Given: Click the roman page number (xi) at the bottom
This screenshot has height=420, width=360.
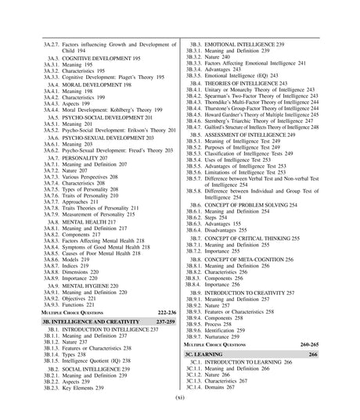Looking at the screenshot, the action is click(x=180, y=396).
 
